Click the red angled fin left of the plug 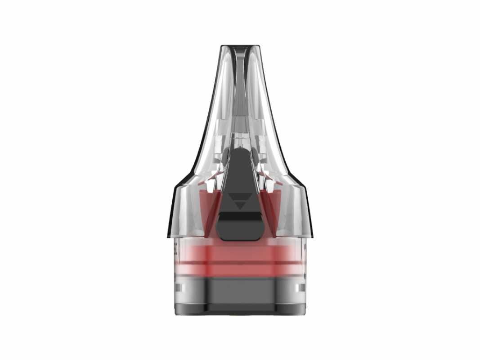click(212, 211)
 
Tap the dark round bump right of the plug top click(255, 157)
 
